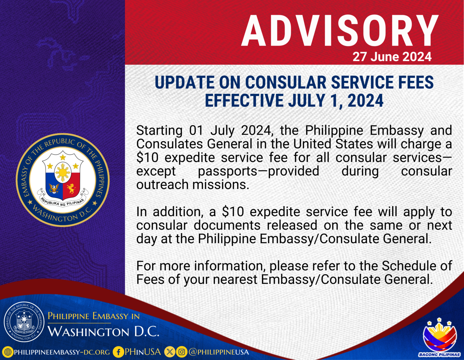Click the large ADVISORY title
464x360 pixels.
(x=340, y=31)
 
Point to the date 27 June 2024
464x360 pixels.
(x=392, y=57)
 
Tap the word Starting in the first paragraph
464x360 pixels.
(x=159, y=131)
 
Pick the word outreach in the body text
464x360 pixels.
(x=163, y=185)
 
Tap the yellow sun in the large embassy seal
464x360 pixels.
(x=63, y=173)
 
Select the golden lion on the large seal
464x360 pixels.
(x=71, y=189)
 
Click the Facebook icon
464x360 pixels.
(x=118, y=352)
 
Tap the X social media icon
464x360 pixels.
(x=170, y=352)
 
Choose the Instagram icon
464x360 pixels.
(x=182, y=352)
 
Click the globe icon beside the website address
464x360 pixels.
(x=8, y=352)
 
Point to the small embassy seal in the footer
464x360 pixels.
(x=24, y=321)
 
